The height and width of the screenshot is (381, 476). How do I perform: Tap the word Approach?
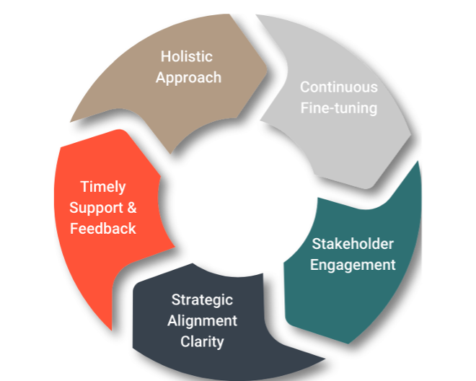(x=188, y=76)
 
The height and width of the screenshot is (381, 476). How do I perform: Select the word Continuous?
(x=338, y=87)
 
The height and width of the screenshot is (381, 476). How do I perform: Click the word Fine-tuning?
(x=338, y=108)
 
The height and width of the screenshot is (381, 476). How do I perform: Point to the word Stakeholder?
(x=353, y=243)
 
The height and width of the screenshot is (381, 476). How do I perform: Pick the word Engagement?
(x=353, y=265)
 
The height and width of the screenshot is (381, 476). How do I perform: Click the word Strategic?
(x=202, y=299)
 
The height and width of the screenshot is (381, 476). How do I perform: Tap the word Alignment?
(x=202, y=320)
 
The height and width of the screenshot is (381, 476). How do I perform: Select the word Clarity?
(x=202, y=341)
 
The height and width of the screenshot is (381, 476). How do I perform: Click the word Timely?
(x=103, y=187)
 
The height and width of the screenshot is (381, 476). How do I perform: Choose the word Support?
(x=97, y=208)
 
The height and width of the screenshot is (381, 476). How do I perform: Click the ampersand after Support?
(x=131, y=208)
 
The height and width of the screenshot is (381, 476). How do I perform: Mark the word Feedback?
(x=103, y=229)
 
